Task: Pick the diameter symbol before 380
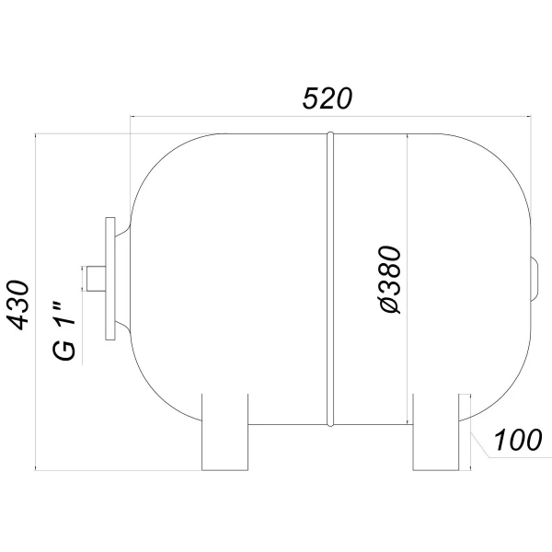[x=389, y=305]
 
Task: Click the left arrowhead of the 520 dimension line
[x=134, y=117]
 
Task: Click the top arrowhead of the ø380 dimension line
[x=406, y=137]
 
